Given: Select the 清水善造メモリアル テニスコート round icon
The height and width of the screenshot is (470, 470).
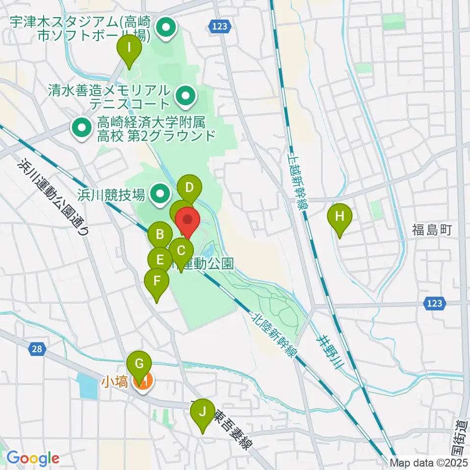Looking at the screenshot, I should click(185, 96).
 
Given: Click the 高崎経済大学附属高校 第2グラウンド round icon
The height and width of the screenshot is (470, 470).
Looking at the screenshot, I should click(81, 128).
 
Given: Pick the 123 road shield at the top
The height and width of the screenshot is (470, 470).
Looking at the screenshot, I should click(220, 26).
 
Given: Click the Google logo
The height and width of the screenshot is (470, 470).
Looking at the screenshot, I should click(32, 458).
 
